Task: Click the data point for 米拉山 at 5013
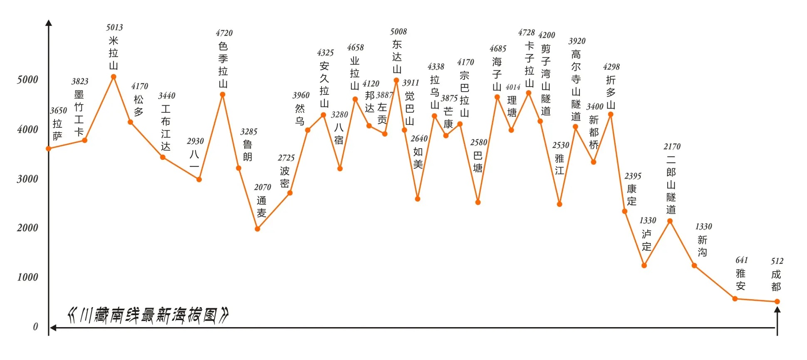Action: click(x=113, y=77)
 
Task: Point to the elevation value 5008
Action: click(x=398, y=32)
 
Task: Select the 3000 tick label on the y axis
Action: click(x=27, y=179)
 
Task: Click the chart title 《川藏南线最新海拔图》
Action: click(x=148, y=315)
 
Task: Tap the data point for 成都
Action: click(x=777, y=302)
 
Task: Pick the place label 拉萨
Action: click(x=57, y=130)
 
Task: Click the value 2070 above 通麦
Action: click(x=262, y=187)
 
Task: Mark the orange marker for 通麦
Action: click(x=257, y=229)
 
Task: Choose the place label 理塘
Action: click(x=512, y=107)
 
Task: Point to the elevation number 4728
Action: click(x=526, y=32)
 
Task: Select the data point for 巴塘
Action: click(x=478, y=202)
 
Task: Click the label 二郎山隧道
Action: click(x=671, y=184)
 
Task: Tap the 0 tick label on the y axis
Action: click(x=35, y=327)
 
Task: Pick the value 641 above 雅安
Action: click(x=741, y=260)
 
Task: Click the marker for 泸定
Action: click(x=644, y=266)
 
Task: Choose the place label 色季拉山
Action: click(x=223, y=65)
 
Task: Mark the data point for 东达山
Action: click(x=396, y=80)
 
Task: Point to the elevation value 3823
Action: click(x=79, y=81)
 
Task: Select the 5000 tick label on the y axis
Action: click(x=27, y=79)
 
